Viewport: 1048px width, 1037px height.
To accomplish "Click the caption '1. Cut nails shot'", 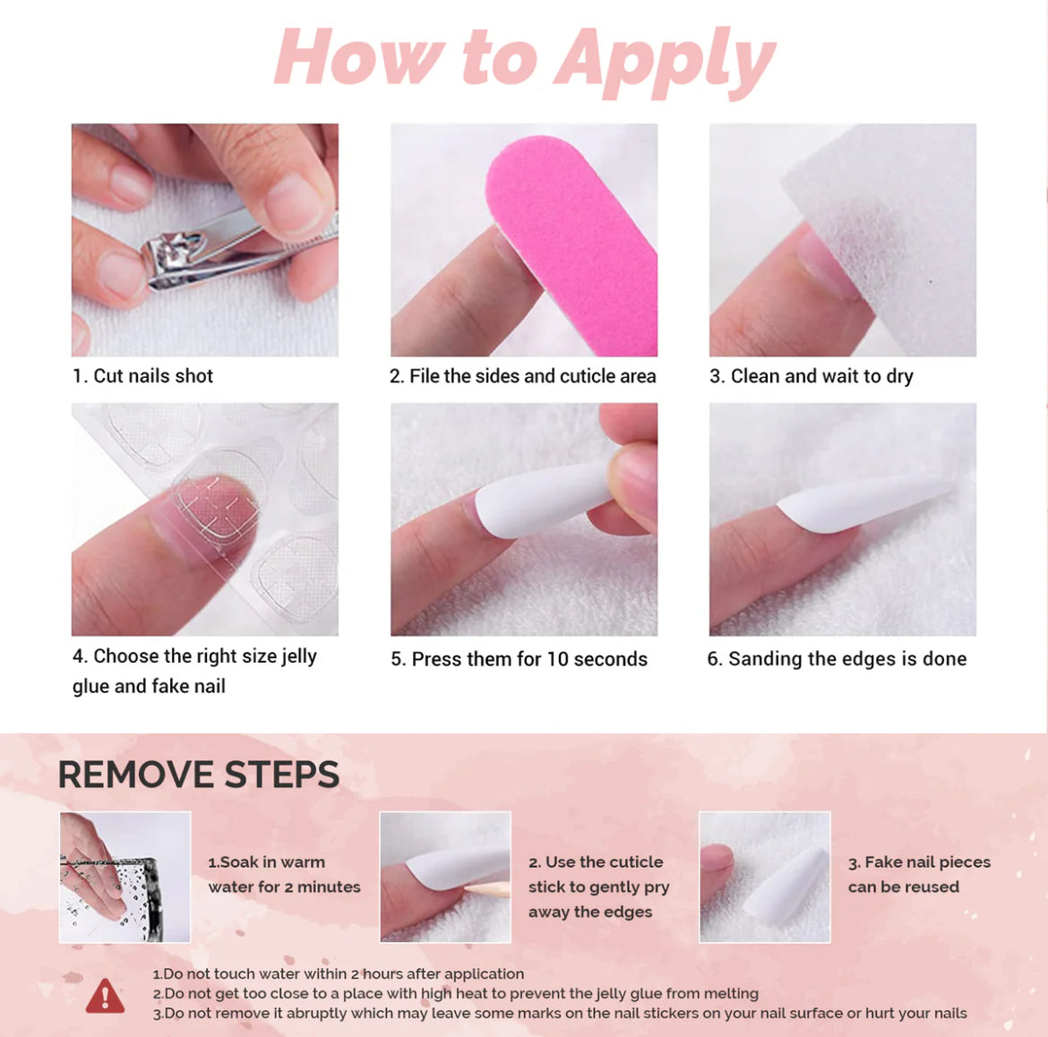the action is pos(143,376).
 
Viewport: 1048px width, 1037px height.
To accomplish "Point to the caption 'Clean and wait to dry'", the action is pos(822,377).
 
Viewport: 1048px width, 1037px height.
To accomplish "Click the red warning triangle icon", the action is pos(105,996).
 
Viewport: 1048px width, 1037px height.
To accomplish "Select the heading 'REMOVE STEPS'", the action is pos(199,775).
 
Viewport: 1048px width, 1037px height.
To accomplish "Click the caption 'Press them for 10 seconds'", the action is pos(529,659).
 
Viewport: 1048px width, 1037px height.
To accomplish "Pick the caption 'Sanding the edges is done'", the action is pos(847,659).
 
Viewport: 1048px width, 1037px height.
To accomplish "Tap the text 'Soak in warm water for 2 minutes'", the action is pos(284,875).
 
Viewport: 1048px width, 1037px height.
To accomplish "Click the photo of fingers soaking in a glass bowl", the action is pos(125,878).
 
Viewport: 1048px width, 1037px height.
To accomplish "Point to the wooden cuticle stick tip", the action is pos(468,888).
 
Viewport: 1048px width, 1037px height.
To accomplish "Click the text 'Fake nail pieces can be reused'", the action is pos(919,875).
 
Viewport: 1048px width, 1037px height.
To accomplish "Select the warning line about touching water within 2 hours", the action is pos(339,974).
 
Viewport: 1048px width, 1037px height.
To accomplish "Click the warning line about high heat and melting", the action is pos(456,994).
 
